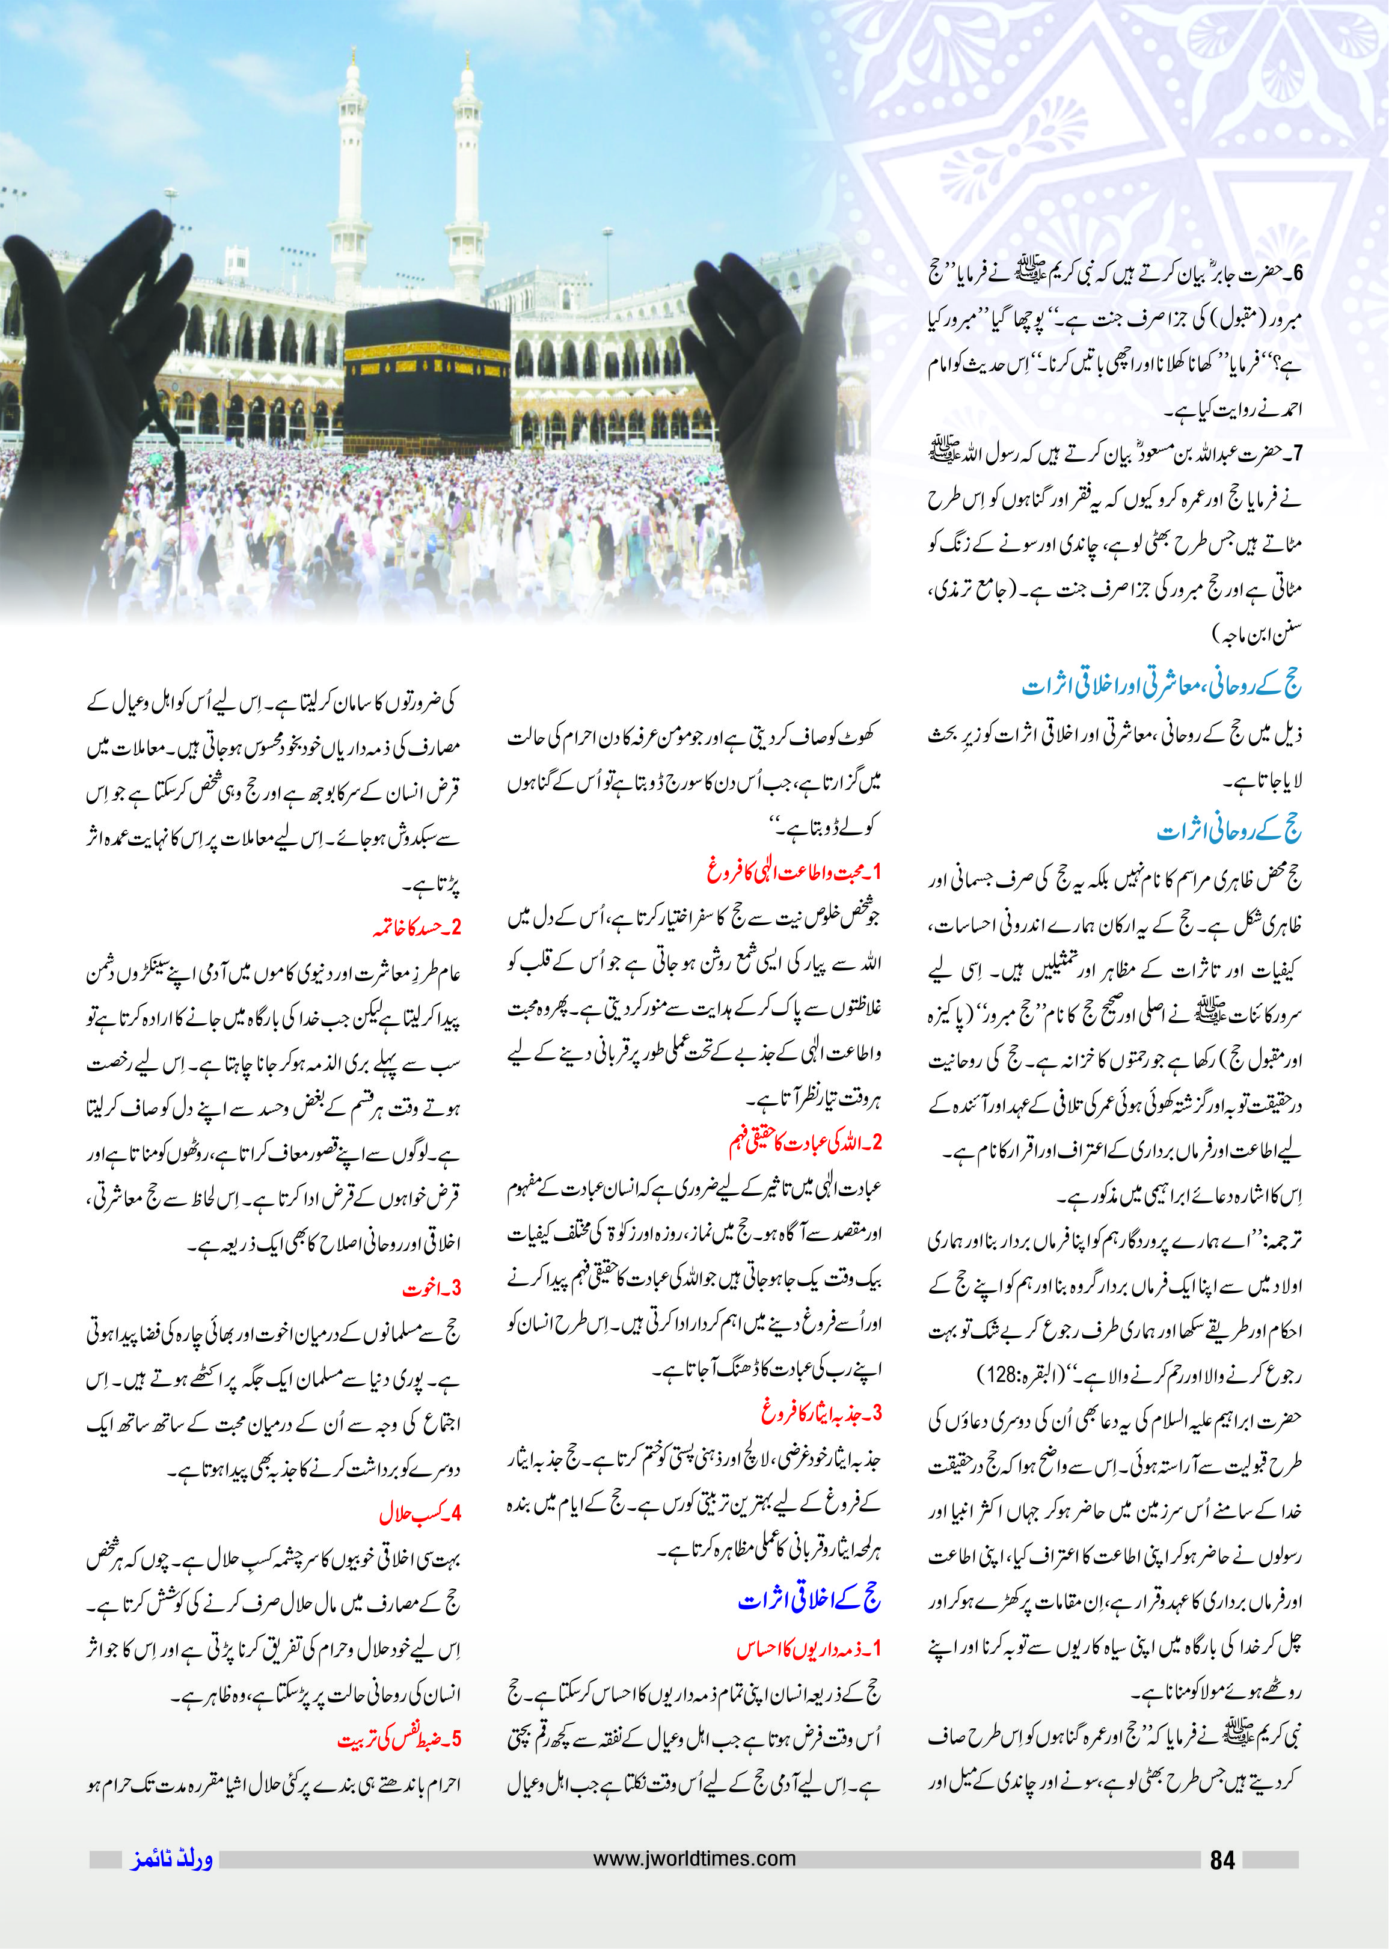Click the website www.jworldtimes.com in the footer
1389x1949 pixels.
[x=694, y=1858]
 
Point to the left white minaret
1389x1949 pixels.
[x=350, y=180]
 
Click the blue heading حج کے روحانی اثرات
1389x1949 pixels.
[x=1228, y=830]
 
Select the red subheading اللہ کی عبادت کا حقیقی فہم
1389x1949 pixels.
[x=804, y=1143]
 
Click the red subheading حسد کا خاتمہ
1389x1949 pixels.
[x=417, y=927]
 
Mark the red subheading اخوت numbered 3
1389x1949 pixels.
[x=431, y=1288]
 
